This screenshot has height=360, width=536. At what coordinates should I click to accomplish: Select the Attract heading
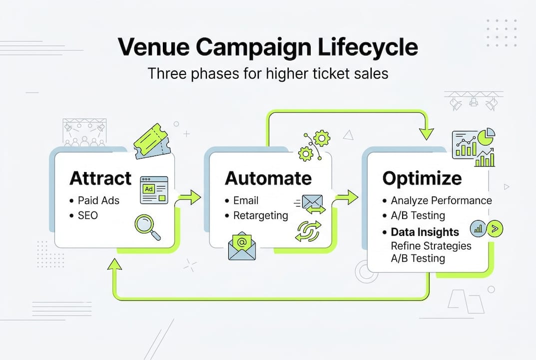pos(100,178)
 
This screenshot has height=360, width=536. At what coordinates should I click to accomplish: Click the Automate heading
pos(268,178)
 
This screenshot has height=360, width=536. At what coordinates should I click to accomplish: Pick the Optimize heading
pos(422,178)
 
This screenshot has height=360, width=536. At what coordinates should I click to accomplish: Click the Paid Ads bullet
pos(98,200)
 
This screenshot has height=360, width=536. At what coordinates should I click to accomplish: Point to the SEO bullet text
pos(88,215)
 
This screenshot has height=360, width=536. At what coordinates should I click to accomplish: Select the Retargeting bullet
pos(261,215)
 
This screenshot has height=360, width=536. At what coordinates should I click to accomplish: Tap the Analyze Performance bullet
pos(441,200)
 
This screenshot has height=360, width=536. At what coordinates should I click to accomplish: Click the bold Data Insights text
pos(425,232)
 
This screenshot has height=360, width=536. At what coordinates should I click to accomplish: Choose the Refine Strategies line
pos(431,245)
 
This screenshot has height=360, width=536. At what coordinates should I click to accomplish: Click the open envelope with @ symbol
pos(242,245)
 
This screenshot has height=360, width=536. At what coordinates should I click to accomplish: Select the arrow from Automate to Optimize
pos(345,196)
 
